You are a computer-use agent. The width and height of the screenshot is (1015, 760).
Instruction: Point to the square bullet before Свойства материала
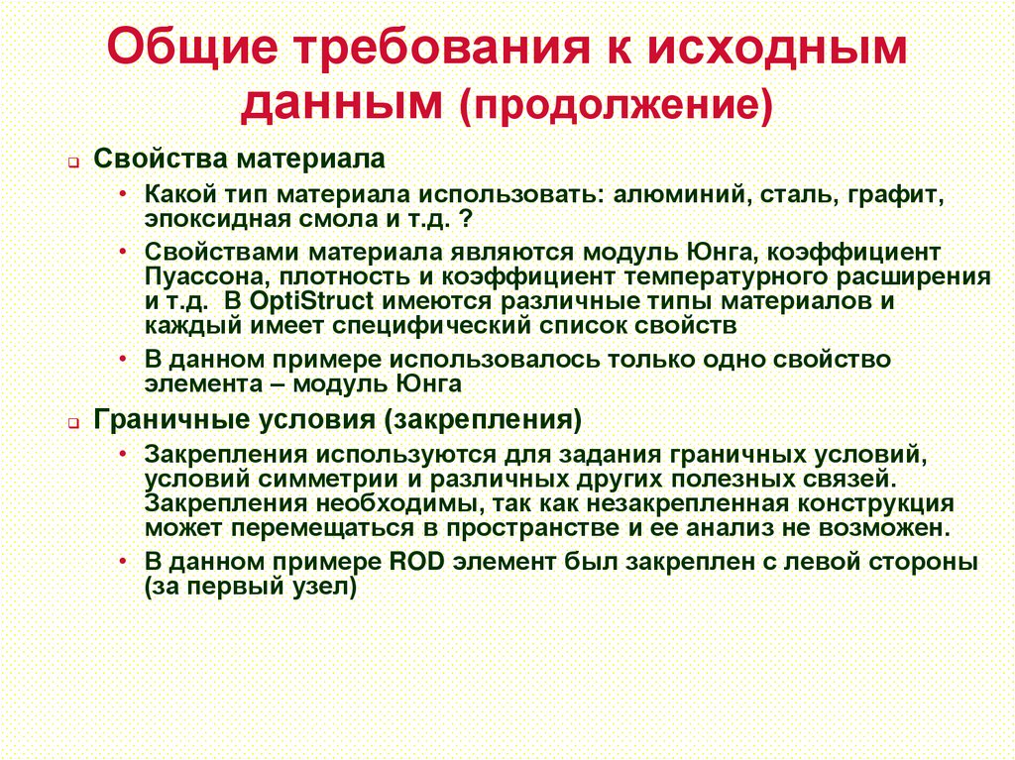coord(73,163)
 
